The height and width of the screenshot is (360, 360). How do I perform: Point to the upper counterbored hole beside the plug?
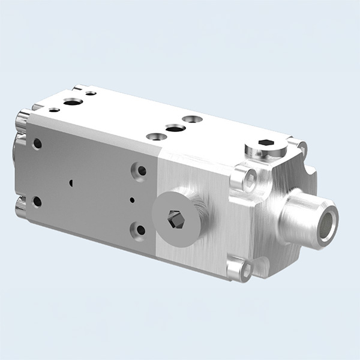pos(142,170)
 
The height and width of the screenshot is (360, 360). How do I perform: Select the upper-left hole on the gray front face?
pos(37,143)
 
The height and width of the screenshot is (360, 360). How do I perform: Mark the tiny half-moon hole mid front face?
pos(71,182)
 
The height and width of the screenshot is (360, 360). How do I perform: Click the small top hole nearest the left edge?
pos(54,110)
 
